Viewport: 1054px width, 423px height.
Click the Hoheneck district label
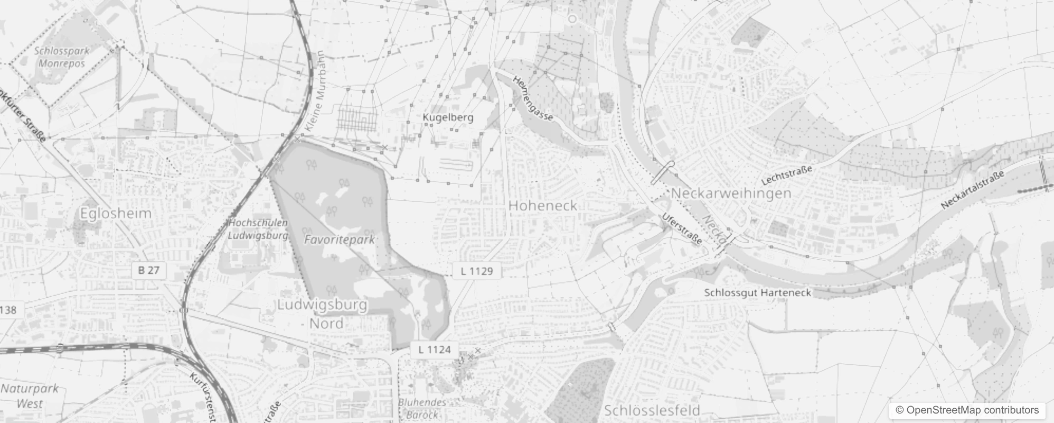542,205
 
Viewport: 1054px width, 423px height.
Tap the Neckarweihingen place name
731,193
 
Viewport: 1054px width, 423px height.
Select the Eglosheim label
116,213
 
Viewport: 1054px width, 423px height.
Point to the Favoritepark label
340,240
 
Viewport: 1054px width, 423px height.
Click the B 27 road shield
148,270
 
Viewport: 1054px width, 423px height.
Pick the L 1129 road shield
476,271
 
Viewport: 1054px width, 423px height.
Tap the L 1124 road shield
435,349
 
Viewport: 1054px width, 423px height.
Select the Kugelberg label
448,117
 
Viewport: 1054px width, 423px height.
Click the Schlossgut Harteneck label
757,292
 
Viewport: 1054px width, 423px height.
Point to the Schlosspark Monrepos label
62,57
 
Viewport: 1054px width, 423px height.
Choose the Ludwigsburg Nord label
323,314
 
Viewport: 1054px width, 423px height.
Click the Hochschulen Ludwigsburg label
258,229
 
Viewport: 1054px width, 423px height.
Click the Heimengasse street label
533,98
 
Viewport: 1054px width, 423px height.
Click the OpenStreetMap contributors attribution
966,410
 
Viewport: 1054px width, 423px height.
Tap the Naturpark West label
30,396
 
